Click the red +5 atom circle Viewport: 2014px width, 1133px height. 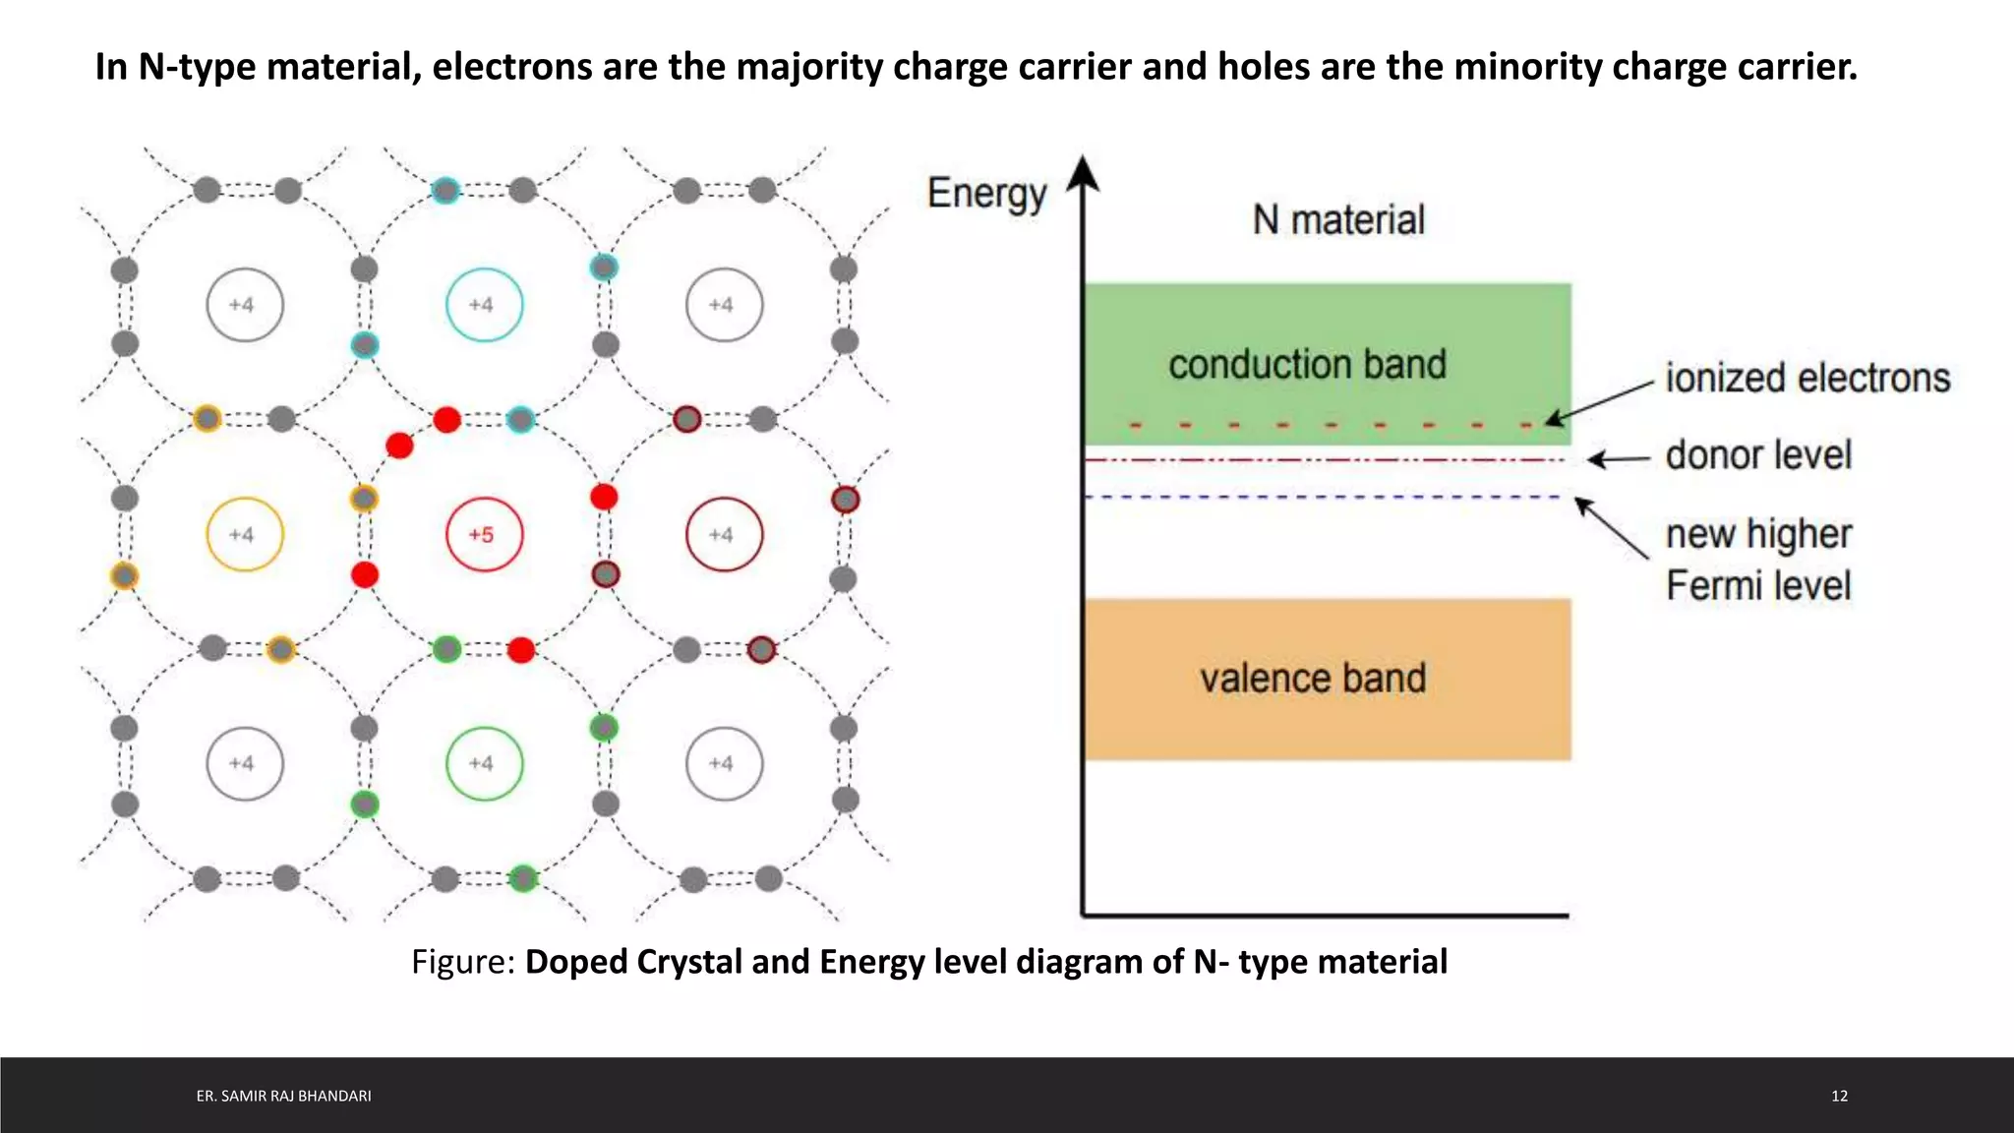click(484, 535)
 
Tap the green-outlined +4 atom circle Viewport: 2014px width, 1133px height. click(484, 763)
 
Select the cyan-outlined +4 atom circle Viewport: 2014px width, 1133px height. click(484, 305)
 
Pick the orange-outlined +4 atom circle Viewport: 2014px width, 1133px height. click(245, 535)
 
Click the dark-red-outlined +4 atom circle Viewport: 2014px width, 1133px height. click(724, 535)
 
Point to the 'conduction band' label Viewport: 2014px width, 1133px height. click(1307, 365)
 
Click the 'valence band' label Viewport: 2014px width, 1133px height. click(1312, 679)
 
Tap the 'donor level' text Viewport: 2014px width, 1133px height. click(1757, 455)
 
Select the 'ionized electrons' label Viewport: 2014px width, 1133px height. click(1807, 379)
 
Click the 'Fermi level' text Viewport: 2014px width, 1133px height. click(1757, 586)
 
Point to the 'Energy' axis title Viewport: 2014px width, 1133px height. click(986, 194)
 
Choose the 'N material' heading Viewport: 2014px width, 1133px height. click(1337, 219)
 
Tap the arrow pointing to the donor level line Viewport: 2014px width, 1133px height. click(1619, 459)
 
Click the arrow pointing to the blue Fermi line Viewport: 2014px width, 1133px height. click(1611, 528)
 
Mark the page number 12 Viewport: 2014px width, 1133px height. click(1839, 1096)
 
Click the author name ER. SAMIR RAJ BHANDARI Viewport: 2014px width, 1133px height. click(283, 1096)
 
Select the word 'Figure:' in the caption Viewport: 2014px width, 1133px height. click(463, 962)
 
